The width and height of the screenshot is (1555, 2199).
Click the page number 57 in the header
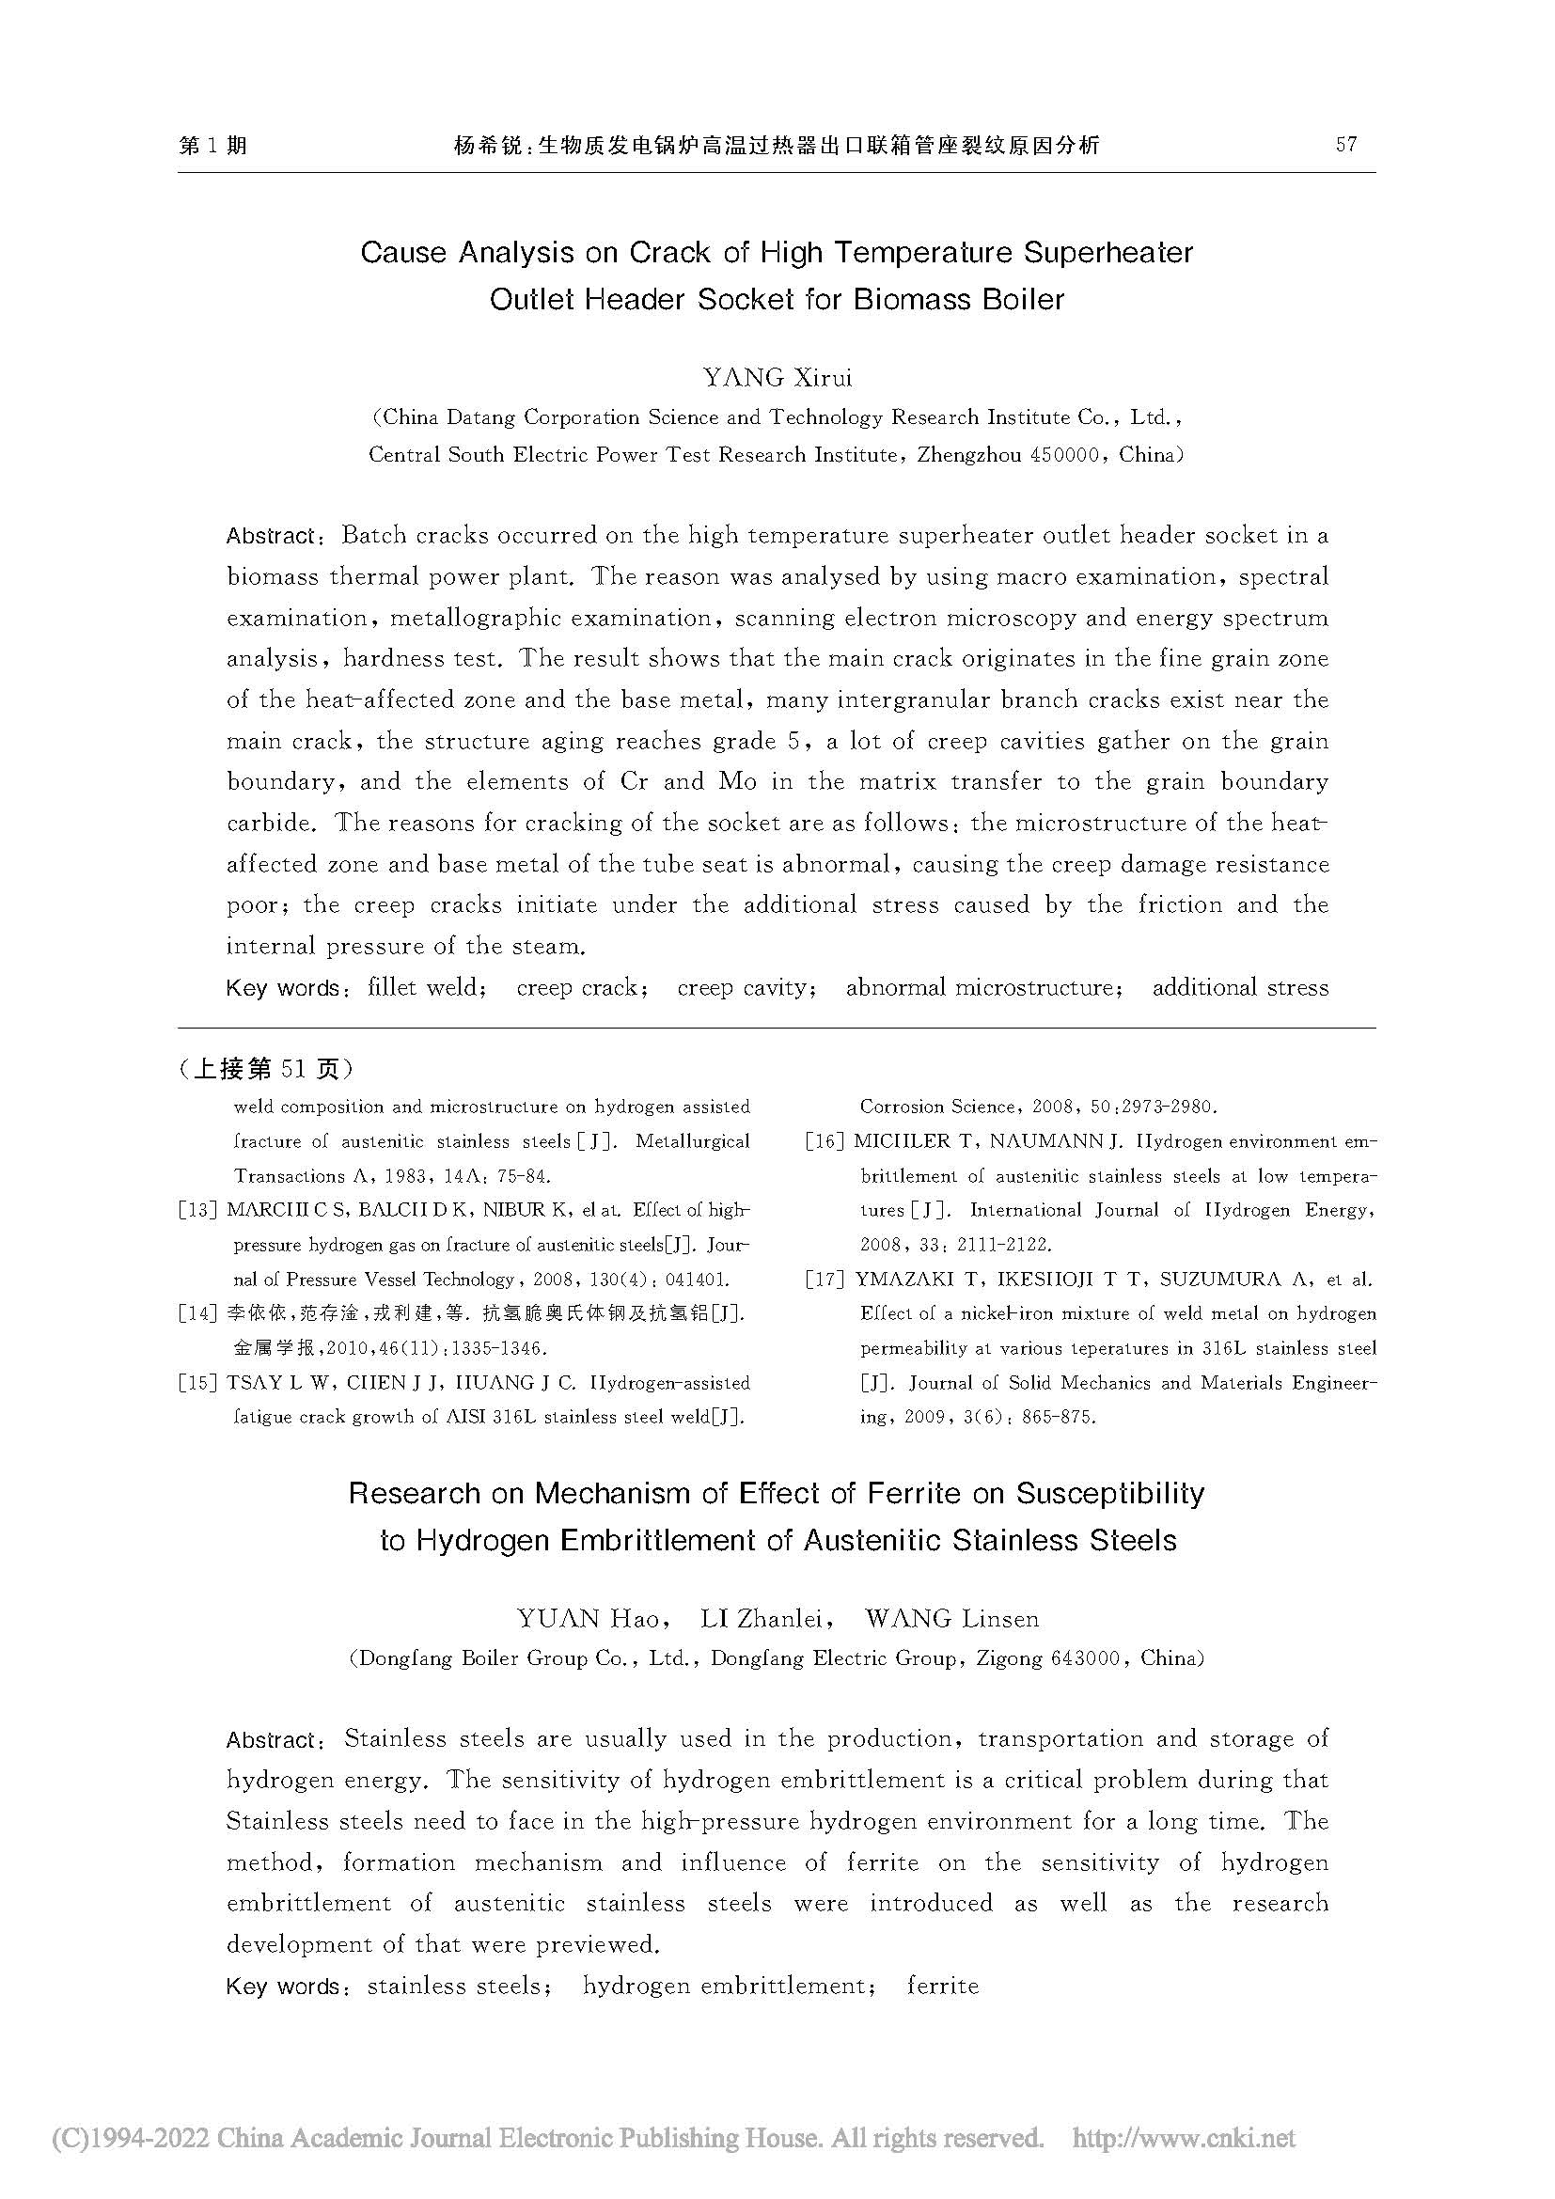(1345, 145)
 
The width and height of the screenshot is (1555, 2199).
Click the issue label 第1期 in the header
(212, 145)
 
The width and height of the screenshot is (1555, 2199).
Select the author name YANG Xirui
(777, 377)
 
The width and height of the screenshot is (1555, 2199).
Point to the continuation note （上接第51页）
(264, 1068)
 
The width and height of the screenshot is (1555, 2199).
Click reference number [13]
(198, 1211)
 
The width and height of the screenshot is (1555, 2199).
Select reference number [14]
(198, 1314)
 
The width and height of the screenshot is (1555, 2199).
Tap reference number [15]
(198, 1383)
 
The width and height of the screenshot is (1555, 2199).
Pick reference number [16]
(825, 1141)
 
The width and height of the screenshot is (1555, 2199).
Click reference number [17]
(825, 1280)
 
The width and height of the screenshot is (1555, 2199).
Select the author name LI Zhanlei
(762, 1619)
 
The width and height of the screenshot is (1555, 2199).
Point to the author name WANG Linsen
(951, 1619)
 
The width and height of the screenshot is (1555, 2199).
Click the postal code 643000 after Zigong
(1085, 1657)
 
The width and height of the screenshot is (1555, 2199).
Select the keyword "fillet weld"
(422, 987)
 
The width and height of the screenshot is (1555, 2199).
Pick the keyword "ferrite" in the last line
(942, 1987)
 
